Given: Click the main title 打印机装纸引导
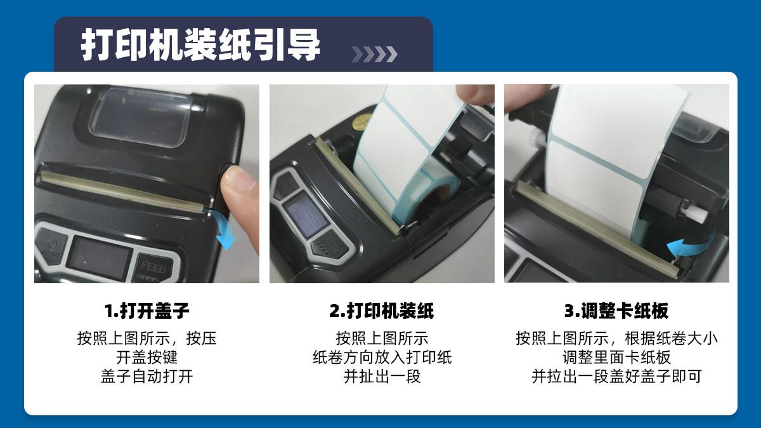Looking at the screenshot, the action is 200,44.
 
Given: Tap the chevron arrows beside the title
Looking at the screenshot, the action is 374,55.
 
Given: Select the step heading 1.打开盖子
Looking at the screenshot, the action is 146,311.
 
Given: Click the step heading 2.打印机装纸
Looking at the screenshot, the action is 382,311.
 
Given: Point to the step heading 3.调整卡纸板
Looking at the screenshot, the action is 616,311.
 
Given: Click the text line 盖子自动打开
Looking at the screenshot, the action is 146,377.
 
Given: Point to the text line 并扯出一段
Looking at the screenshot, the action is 382,377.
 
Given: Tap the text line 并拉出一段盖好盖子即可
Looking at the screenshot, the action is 616,377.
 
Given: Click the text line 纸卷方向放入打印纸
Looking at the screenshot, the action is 382,358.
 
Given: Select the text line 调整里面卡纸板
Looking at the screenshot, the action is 616,358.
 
